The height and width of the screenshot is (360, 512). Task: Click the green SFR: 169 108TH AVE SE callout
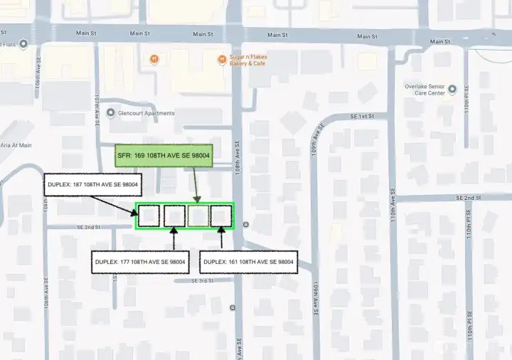(x=164, y=155)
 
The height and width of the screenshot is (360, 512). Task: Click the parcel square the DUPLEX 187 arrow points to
(x=149, y=216)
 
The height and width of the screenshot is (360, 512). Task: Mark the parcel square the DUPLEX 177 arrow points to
(x=174, y=216)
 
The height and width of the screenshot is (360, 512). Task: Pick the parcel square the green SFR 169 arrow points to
(x=198, y=216)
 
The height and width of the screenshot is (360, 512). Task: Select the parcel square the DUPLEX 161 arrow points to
(x=222, y=216)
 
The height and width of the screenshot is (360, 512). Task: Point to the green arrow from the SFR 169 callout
(x=196, y=185)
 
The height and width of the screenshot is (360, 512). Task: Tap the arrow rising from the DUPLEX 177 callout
(x=174, y=238)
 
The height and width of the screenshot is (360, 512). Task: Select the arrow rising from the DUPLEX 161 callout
(x=222, y=238)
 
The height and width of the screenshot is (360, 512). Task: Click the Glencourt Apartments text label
(x=146, y=113)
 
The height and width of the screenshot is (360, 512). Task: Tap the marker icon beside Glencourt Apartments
(x=110, y=112)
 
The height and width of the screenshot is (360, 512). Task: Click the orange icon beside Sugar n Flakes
(x=222, y=59)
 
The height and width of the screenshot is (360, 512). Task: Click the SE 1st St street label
(x=362, y=116)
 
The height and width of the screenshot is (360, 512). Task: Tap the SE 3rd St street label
(x=202, y=281)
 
